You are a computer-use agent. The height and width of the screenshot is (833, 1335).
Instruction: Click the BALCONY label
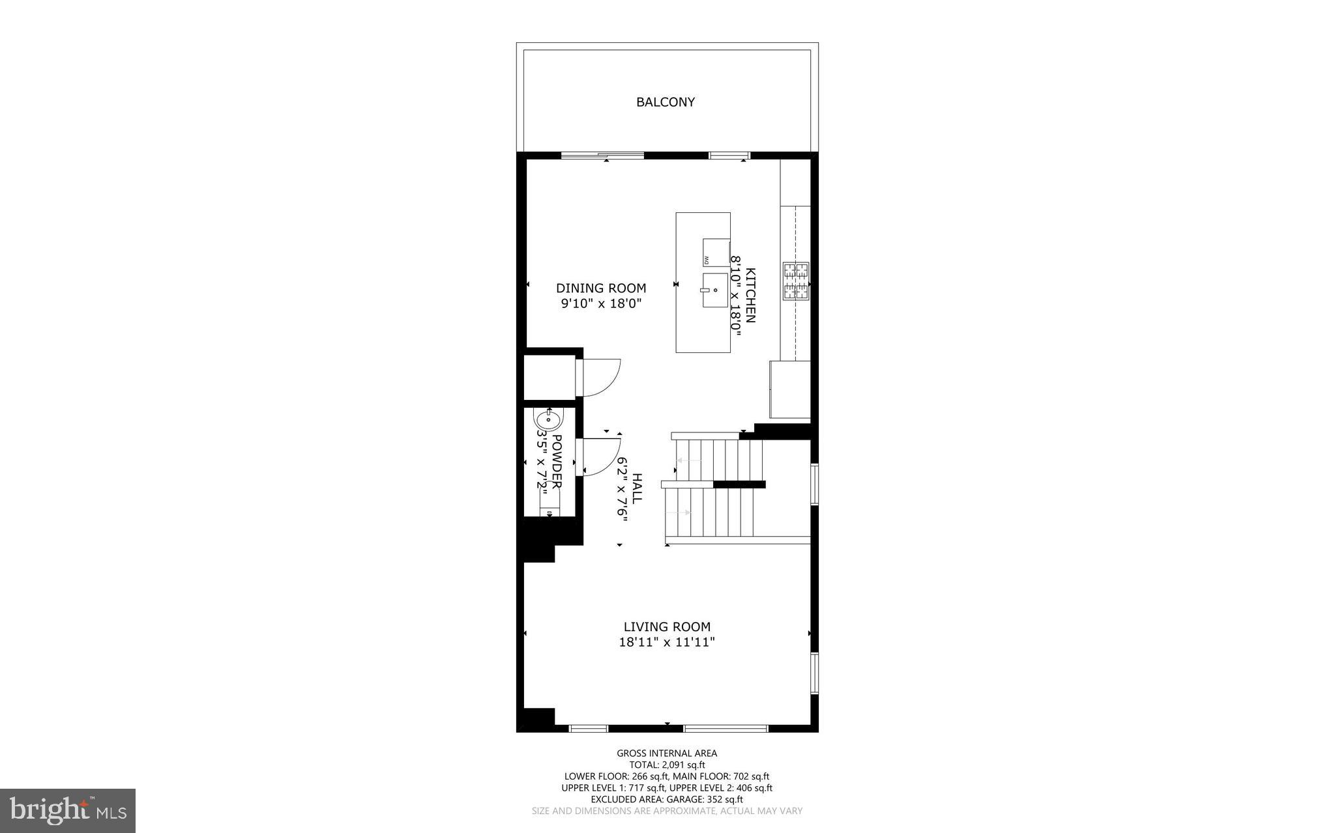666,102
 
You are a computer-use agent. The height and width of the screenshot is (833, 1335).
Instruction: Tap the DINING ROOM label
601,288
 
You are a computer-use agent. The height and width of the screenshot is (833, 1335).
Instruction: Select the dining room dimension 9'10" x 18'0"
601,304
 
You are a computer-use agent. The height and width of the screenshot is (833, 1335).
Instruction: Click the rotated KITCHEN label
751,295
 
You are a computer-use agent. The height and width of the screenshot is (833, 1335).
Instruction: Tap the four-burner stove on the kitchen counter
795,281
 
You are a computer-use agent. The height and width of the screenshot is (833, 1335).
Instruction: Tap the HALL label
637,487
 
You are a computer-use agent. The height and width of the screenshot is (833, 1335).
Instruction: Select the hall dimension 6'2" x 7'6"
623,487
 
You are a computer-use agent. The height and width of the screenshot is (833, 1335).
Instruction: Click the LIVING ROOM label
667,627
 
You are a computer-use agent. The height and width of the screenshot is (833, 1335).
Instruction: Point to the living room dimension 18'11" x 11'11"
667,643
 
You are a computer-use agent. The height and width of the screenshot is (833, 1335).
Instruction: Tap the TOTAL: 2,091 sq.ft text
667,765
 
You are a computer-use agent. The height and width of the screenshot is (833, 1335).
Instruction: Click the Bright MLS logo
68,810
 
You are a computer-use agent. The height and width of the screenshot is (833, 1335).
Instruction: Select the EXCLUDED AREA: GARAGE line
667,799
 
